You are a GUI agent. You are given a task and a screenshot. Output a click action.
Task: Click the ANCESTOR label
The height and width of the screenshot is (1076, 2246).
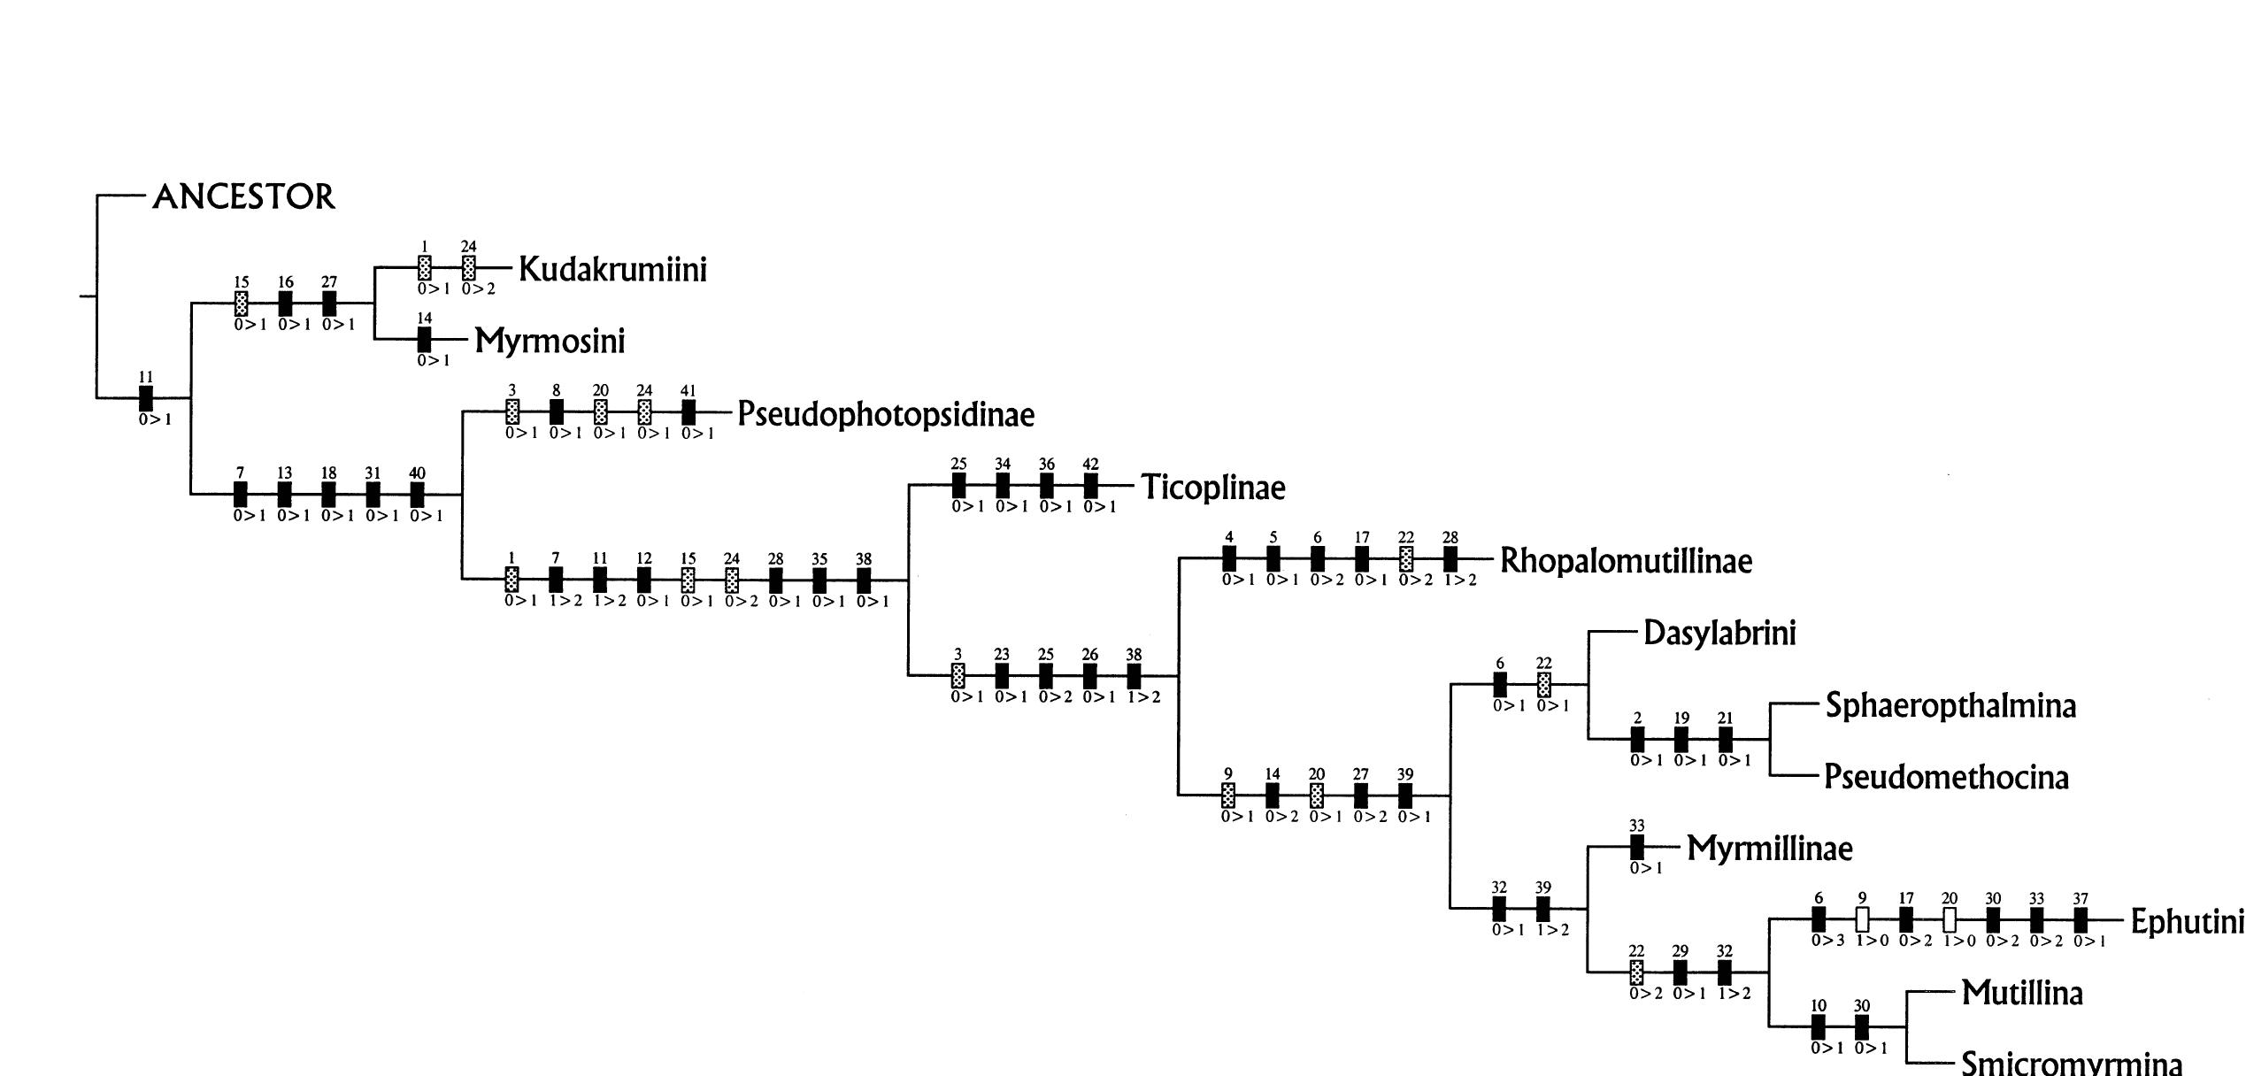click(x=244, y=196)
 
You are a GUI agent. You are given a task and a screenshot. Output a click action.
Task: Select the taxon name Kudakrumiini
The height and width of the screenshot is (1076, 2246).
click(x=612, y=269)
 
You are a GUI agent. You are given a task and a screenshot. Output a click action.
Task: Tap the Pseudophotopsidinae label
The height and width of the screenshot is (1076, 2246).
click(x=886, y=414)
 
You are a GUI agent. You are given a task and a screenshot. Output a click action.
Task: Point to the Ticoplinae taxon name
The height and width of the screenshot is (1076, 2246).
click(x=1212, y=488)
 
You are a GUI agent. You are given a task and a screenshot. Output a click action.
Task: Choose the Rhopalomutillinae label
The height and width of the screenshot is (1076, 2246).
click(x=1626, y=561)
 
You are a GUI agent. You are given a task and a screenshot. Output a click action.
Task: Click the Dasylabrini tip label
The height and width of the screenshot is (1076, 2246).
click(x=1719, y=634)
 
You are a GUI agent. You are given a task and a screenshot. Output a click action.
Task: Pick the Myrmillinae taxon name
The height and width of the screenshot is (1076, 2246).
click(x=1769, y=849)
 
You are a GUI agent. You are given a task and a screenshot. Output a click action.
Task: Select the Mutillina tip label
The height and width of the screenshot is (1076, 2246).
click(x=2022, y=993)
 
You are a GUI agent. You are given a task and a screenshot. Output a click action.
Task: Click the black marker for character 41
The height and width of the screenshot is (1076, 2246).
click(x=688, y=411)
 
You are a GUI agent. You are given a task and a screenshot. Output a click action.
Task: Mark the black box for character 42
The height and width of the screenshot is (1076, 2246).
click(x=1090, y=485)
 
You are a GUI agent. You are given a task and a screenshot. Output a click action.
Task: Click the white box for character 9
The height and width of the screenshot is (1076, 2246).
click(x=1862, y=919)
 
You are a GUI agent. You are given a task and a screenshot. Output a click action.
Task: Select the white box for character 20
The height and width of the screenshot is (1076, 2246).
click(x=1949, y=919)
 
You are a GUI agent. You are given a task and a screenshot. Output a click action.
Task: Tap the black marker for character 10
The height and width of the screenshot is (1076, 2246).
click(x=1818, y=1026)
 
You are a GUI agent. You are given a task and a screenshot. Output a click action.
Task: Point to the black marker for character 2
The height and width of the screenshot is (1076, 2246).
click(x=1637, y=739)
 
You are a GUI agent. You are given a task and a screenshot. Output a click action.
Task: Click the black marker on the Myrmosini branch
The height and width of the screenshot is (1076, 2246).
click(x=425, y=339)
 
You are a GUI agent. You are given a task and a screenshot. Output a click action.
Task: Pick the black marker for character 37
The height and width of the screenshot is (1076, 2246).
click(x=2081, y=919)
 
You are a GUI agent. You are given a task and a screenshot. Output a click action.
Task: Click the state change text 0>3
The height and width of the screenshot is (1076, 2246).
click(x=1827, y=941)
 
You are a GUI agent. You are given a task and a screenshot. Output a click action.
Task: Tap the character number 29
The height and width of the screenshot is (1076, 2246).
click(x=1680, y=951)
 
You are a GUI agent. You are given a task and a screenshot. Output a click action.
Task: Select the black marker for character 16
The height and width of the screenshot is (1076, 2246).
click(x=285, y=303)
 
